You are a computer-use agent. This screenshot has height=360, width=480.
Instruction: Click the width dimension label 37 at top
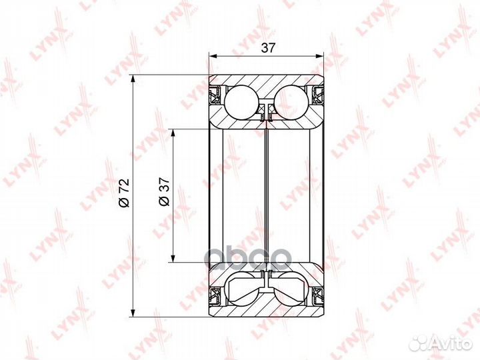pyautogui.click(x=268, y=48)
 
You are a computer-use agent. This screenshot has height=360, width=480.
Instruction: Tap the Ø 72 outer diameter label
pyautogui.click(x=125, y=193)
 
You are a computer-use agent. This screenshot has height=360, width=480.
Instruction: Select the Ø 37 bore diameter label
pyautogui.click(x=164, y=191)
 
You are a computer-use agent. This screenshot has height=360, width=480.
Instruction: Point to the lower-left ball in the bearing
pyautogui.click(x=241, y=289)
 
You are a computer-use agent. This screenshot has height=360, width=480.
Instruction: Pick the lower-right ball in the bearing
pyautogui.click(x=291, y=289)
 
